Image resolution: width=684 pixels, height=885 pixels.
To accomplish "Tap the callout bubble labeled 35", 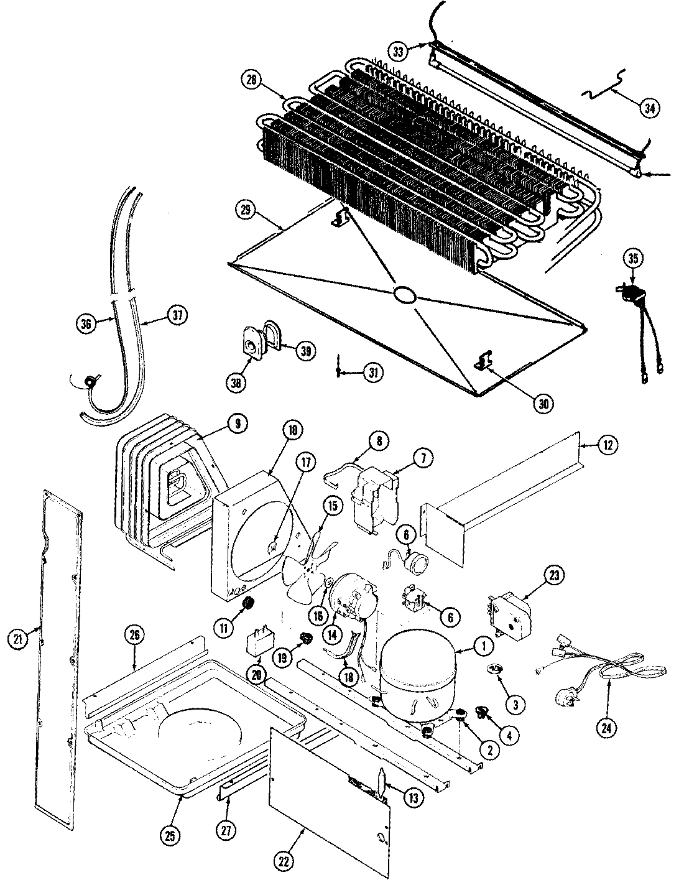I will click(x=633, y=259).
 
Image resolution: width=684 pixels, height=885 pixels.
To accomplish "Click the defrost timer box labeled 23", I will click(x=511, y=613).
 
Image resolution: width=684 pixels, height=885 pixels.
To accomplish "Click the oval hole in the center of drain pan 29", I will click(x=405, y=295).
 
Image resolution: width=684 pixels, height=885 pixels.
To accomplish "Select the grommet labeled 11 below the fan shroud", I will click(x=249, y=602).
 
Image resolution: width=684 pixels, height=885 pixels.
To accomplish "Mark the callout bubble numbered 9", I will click(x=236, y=424).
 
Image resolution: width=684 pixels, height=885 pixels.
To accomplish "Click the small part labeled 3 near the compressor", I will click(x=494, y=669).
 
